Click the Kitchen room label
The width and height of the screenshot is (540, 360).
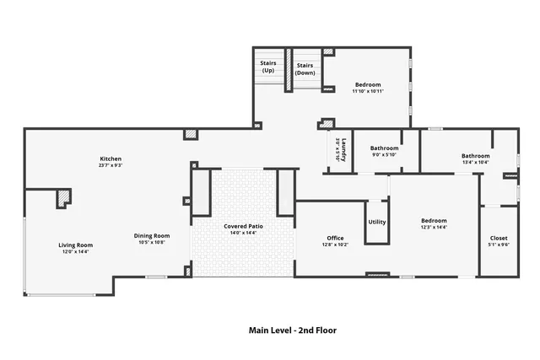click(x=111, y=159)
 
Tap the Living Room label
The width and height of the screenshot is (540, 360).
click(x=76, y=245)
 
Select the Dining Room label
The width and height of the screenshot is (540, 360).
click(x=152, y=236)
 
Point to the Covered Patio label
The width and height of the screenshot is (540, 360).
click(x=241, y=226)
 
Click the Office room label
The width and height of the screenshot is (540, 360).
click(x=335, y=239)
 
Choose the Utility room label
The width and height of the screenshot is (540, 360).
click(x=377, y=222)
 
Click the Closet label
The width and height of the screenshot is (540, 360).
click(x=499, y=239)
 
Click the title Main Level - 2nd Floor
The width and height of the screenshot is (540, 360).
click(x=293, y=330)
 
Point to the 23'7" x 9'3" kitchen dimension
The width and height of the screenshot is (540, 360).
click(x=111, y=165)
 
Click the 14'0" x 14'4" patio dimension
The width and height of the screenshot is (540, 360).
click(x=241, y=233)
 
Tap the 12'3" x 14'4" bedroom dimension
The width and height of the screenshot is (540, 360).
click(x=434, y=228)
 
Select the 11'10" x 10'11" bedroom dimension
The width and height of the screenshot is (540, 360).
click(x=367, y=92)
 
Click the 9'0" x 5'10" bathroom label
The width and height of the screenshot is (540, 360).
click(x=384, y=154)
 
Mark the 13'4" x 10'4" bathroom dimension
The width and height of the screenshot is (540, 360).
click(x=475, y=162)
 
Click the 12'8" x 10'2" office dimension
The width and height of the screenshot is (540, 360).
click(x=335, y=245)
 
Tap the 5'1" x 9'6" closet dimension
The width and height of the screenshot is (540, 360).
click(x=499, y=245)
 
